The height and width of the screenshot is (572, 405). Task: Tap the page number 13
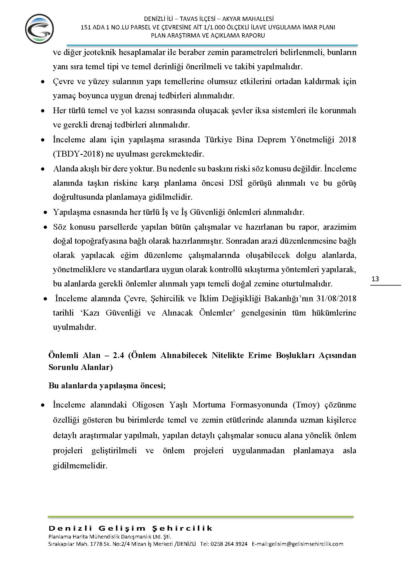click(375, 279)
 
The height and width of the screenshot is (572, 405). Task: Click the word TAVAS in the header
click(189, 19)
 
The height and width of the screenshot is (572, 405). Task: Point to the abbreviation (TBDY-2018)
click(78, 154)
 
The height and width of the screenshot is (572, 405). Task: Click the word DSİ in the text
click(236, 183)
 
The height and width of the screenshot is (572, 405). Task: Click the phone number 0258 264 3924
click(229, 544)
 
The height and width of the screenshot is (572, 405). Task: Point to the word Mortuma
click(209, 405)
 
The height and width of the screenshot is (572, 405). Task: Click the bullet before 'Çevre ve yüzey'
click(43, 82)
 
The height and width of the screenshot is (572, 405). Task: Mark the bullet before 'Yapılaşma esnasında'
click(45, 213)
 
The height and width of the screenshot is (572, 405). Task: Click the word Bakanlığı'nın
click(293, 299)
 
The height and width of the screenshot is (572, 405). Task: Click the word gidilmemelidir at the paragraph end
click(80, 466)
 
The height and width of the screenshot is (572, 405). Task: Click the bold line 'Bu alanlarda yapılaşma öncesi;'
click(107, 386)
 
